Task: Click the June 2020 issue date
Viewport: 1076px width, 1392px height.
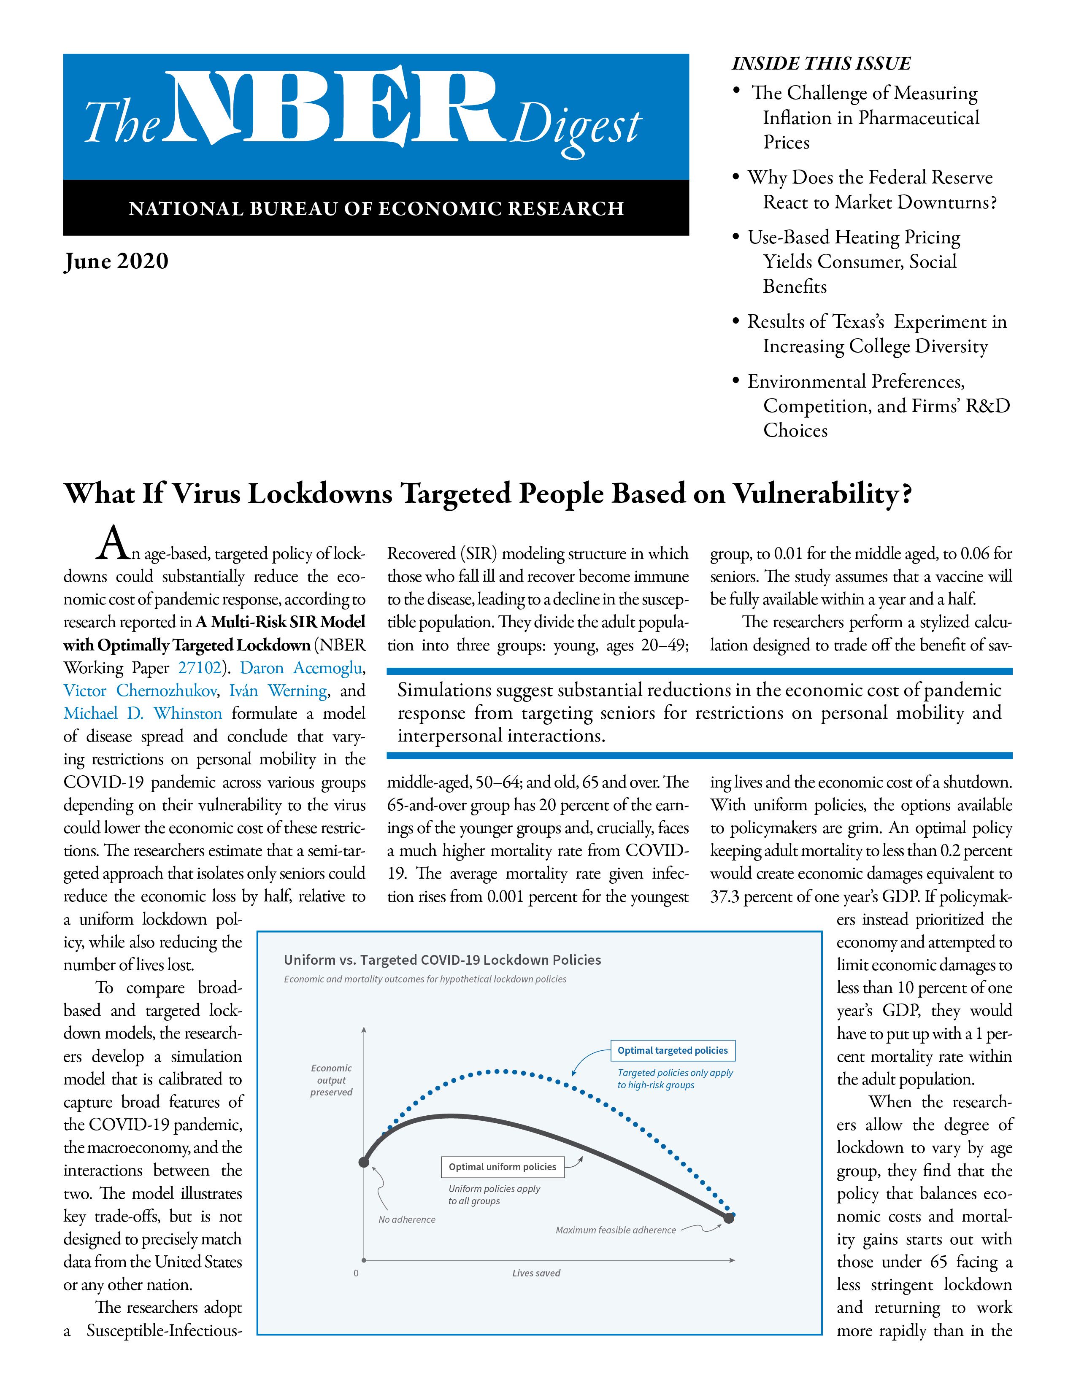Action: point(116,262)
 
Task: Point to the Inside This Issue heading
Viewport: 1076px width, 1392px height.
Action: point(821,64)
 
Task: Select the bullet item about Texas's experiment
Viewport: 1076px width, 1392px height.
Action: point(876,334)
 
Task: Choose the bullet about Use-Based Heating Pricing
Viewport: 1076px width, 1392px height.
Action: point(853,262)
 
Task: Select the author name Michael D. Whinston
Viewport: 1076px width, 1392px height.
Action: point(143,713)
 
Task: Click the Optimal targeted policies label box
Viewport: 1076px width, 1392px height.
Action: point(673,1050)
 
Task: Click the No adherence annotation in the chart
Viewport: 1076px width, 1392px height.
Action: point(407,1220)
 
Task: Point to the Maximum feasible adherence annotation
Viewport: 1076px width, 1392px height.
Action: point(616,1230)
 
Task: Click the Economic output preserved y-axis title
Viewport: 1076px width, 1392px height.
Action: point(332,1080)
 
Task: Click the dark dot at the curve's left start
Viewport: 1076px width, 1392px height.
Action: point(364,1162)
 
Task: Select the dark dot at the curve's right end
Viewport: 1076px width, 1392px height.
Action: point(729,1219)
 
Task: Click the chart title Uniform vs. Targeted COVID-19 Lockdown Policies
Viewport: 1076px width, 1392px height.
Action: point(442,960)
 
